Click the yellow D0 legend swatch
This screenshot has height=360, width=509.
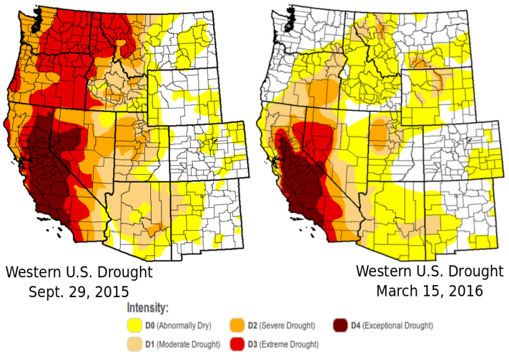pos(134,326)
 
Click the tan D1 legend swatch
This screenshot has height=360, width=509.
pos(134,344)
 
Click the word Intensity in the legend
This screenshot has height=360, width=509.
pos(147,308)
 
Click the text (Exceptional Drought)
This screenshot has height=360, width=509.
pos(398,326)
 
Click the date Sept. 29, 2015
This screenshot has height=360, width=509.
pos(78,292)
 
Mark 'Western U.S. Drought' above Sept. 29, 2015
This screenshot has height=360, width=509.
pos(78,273)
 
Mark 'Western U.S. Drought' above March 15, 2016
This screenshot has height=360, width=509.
pos(429,271)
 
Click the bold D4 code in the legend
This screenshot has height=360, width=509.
pos(355,326)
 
